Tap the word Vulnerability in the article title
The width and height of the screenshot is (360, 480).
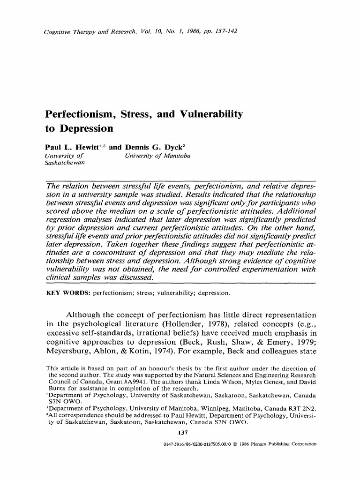[x=204, y=114]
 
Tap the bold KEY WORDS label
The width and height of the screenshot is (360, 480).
[x=67, y=293]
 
